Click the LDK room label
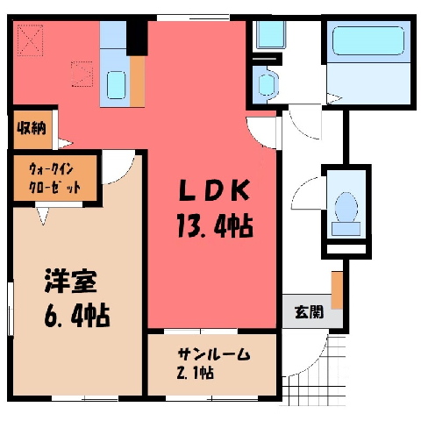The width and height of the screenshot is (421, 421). (x=215, y=189)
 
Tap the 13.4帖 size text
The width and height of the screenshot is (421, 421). (x=215, y=225)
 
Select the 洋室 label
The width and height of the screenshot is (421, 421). (x=71, y=282)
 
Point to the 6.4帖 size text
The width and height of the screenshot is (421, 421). (x=77, y=316)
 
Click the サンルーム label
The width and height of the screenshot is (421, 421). (x=214, y=354)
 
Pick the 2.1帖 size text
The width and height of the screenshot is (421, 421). (x=195, y=373)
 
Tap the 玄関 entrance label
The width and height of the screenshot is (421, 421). (x=309, y=311)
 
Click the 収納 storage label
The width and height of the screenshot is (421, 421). (x=32, y=128)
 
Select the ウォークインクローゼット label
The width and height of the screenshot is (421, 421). (x=54, y=179)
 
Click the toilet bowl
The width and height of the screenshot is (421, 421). (x=346, y=208)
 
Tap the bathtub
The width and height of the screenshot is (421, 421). (x=368, y=40)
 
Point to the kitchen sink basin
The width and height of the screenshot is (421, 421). (x=116, y=85)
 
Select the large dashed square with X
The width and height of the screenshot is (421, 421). (x=30, y=40)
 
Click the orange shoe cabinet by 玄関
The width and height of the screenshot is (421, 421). (x=337, y=290)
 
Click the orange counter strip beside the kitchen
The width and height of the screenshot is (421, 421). (x=137, y=82)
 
